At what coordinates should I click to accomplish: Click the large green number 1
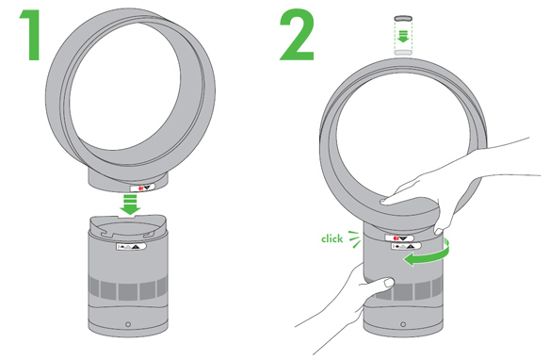coord(32,35)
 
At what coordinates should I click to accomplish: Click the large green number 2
coord(297,35)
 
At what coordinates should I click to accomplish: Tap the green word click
coord(332,239)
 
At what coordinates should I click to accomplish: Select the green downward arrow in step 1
coord(130,205)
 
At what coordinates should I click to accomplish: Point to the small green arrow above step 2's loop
coord(403,36)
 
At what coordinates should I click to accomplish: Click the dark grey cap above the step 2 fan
coord(403,18)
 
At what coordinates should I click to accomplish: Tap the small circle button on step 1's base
coord(128,324)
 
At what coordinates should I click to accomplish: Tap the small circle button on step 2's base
coord(403,324)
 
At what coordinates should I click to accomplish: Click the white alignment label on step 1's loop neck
coord(142,188)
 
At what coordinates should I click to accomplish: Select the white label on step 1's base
coord(131,246)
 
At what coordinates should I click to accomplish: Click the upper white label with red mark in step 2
coord(399,238)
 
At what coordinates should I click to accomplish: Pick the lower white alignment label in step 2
coord(406,246)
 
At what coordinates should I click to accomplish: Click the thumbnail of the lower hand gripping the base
coord(389,282)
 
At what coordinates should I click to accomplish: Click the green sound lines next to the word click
coord(354,239)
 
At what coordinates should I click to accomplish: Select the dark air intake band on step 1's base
coord(128,288)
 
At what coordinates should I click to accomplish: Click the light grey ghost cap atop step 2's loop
coord(403,53)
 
